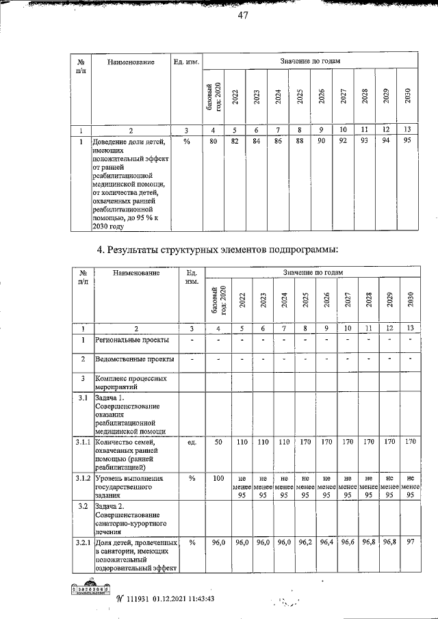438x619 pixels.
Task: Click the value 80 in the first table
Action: click(214, 142)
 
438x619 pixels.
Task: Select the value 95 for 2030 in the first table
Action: click(407, 142)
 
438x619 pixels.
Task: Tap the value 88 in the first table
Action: click(300, 142)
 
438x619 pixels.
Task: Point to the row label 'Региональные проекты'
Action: click(129, 340)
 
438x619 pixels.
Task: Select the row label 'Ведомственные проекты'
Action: click(134, 359)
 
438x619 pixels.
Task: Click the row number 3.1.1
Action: click(81, 443)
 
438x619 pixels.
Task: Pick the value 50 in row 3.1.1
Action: click(218, 443)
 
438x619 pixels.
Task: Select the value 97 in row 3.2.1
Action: click(410, 542)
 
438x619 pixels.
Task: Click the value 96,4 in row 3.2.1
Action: click(326, 542)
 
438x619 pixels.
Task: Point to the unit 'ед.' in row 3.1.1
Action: click(192, 443)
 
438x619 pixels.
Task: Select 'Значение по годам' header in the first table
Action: click(310, 62)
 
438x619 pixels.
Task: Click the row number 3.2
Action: click(81, 506)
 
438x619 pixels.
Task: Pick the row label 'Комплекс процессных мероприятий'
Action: click(129, 382)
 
